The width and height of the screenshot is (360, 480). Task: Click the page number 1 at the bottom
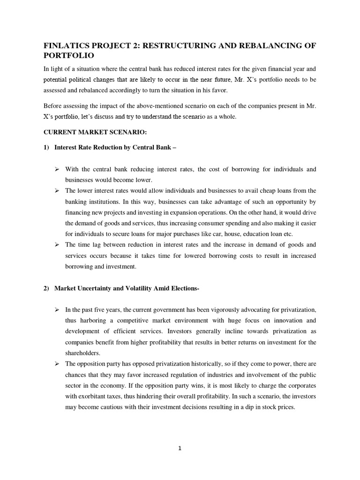click(x=180, y=448)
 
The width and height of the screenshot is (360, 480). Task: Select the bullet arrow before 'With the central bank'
click(x=57, y=169)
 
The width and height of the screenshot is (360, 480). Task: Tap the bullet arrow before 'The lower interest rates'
click(x=57, y=191)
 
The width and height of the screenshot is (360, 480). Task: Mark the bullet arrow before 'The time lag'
click(x=57, y=245)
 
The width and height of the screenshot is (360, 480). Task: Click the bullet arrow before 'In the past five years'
click(x=57, y=310)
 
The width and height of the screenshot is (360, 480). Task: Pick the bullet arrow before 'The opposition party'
click(x=57, y=364)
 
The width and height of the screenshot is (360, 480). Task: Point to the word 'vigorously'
click(x=201, y=310)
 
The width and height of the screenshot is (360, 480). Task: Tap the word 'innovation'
click(x=286, y=321)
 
